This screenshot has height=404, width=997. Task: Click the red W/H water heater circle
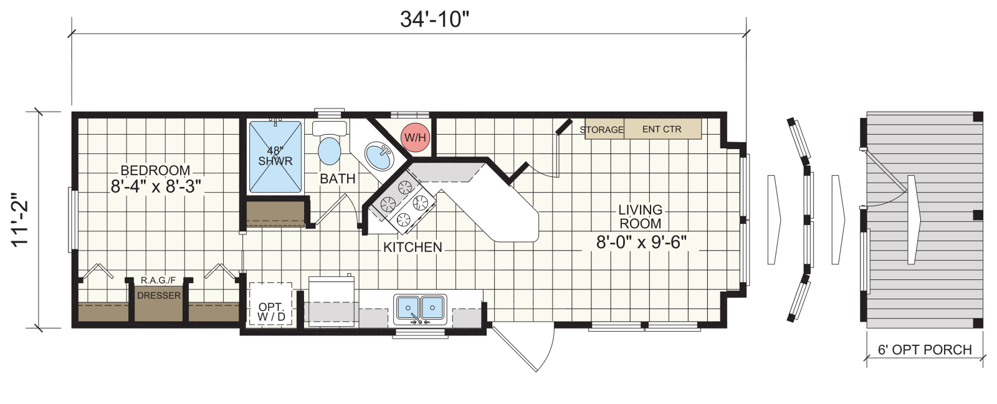point(415,137)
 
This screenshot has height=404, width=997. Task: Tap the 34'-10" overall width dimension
point(434,19)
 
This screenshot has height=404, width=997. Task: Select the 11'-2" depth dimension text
point(20,219)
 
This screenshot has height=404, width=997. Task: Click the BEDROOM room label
point(155,170)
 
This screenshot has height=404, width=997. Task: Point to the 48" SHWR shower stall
point(275,156)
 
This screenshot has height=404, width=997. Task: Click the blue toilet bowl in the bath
point(330,151)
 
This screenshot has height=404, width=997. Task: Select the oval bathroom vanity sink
point(379,156)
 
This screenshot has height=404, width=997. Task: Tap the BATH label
point(338,178)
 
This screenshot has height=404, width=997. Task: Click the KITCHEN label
point(413,248)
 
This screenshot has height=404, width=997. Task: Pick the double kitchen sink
point(420,308)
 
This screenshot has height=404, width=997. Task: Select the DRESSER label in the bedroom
point(159,296)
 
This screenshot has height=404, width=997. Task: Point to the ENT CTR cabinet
point(662,128)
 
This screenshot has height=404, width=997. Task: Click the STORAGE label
point(601,130)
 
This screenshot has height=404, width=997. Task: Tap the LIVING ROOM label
point(641,216)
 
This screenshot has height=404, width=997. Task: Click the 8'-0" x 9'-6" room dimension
point(641,243)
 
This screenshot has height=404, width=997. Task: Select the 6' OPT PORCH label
point(925,350)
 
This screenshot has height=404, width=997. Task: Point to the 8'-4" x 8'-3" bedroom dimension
point(156,186)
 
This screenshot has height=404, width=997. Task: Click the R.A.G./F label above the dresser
point(158,280)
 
